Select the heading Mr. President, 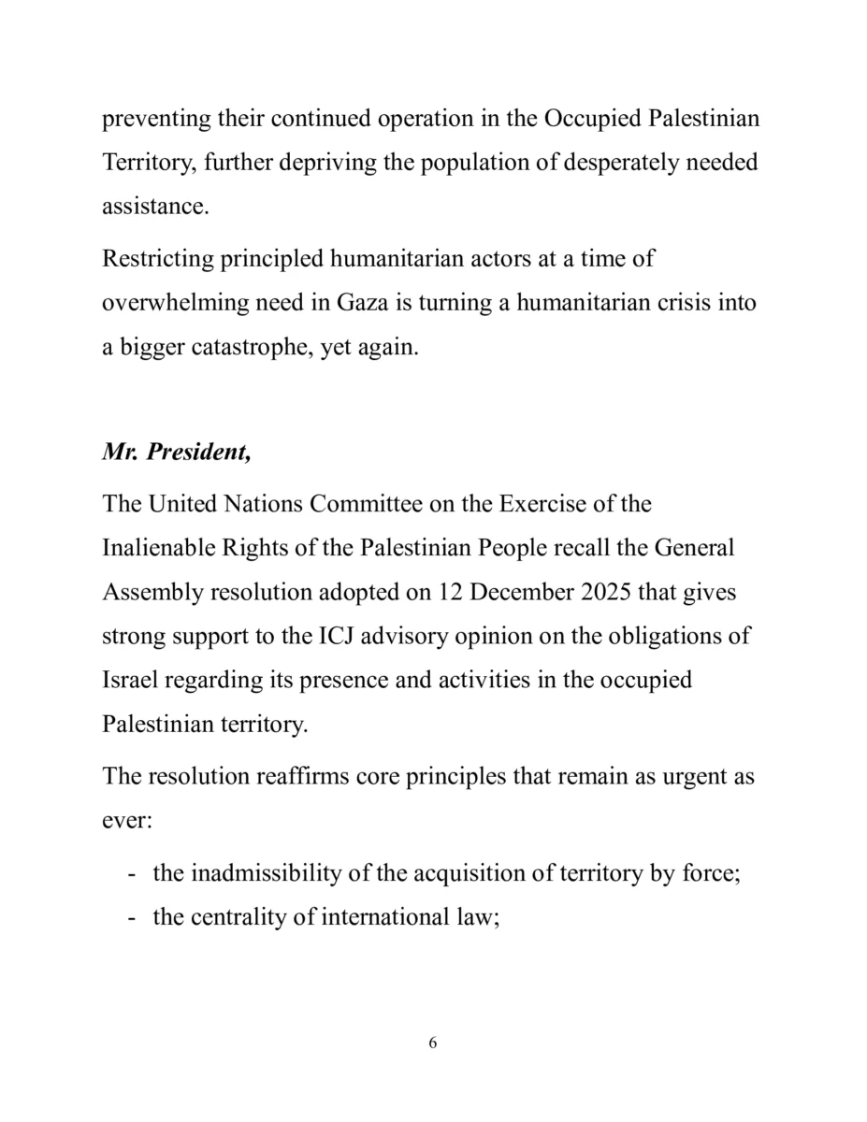176,453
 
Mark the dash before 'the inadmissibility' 131,874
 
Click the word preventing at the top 153,120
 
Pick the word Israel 129,679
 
